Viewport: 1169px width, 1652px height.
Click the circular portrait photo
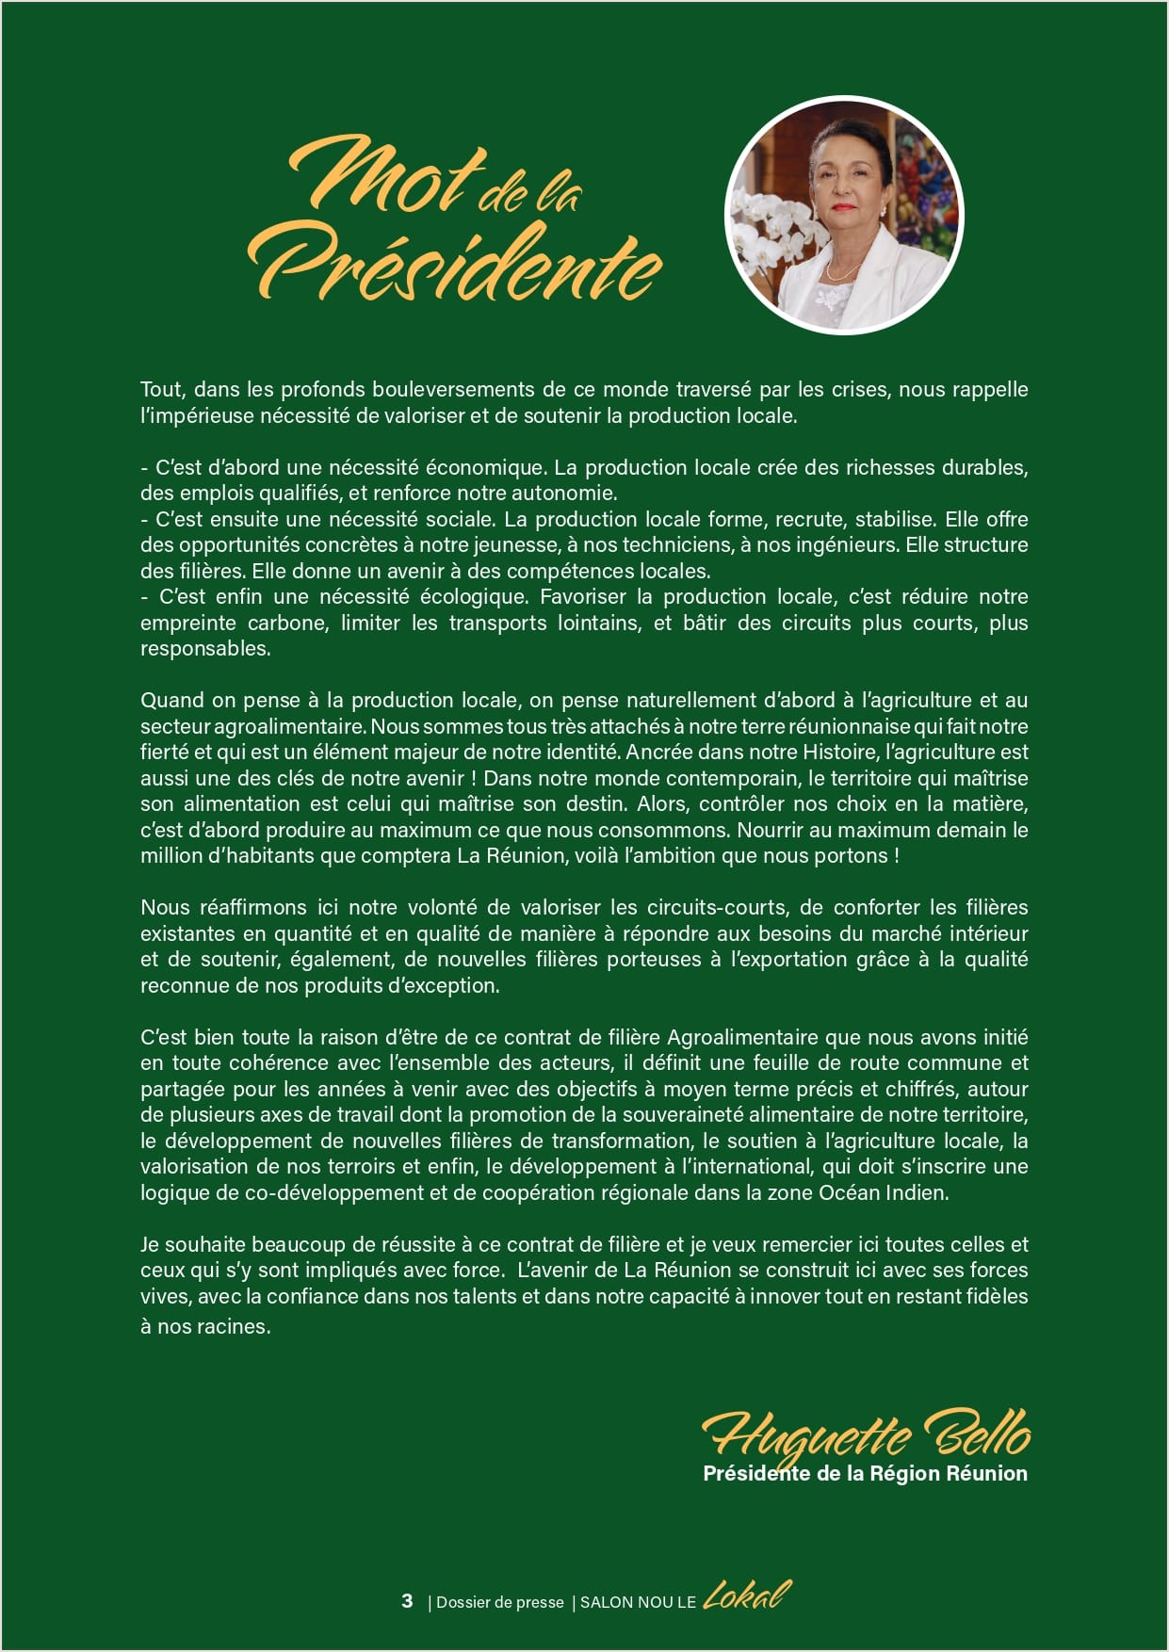[x=843, y=216]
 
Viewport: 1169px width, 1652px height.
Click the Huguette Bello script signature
[x=866, y=1436]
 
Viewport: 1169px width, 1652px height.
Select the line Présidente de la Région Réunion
[x=865, y=1474]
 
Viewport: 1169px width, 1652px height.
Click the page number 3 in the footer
[x=407, y=1601]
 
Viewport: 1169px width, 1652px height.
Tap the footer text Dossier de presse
[x=499, y=1602]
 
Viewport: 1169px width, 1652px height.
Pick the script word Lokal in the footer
[x=747, y=1595]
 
